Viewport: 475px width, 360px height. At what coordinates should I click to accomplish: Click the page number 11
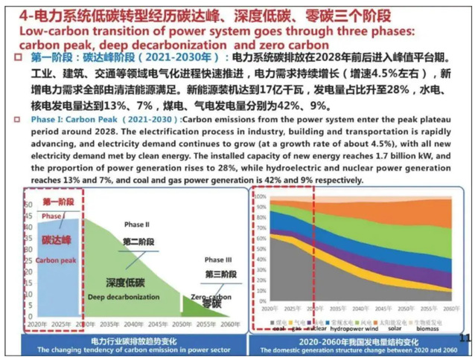pos(465,337)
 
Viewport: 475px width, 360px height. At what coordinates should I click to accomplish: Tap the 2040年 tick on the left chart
pos(134,324)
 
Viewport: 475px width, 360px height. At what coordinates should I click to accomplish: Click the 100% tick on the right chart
pos(261,196)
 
